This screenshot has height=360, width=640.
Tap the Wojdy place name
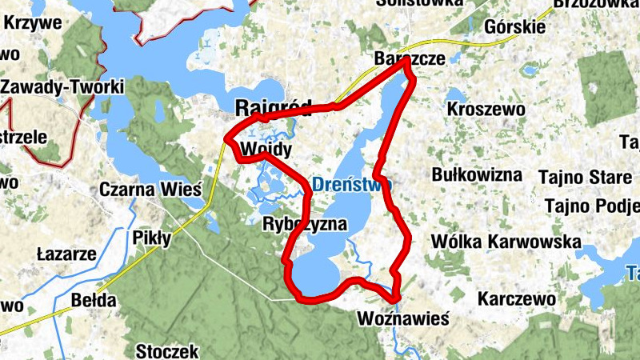pyautogui.click(x=264, y=150)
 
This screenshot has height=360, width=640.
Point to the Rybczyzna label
pyautogui.click(x=305, y=225)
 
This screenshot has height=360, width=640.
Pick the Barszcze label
pyautogui.click(x=409, y=59)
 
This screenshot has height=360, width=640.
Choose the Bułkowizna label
pyautogui.click(x=476, y=174)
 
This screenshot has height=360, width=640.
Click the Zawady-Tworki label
pyautogui.click(x=62, y=86)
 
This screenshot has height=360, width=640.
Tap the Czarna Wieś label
pyautogui.click(x=150, y=190)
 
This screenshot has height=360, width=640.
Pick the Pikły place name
pyautogui.click(x=152, y=239)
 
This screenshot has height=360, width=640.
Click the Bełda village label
pyautogui.click(x=94, y=302)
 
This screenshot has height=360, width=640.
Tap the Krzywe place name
pyautogui.click(x=33, y=22)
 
